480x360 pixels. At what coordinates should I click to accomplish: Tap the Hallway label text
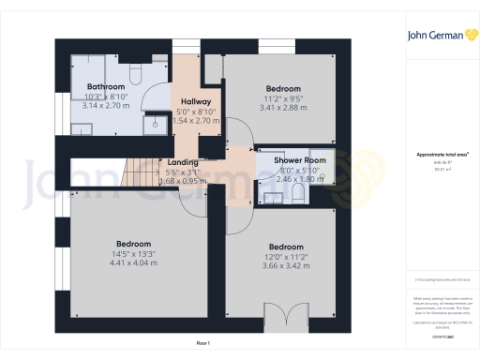197,102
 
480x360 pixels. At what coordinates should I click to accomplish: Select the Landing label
184,161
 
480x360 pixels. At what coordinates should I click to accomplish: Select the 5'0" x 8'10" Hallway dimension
197,112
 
